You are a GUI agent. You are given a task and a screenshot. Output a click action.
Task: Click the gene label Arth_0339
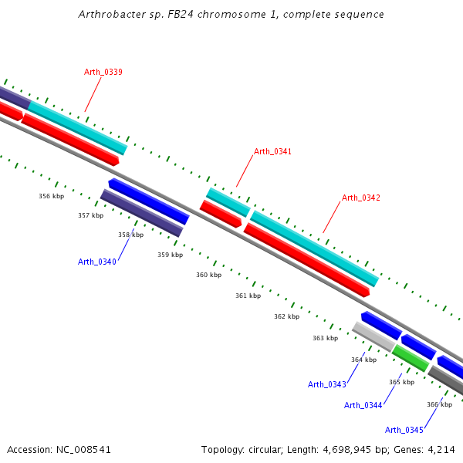pyautogui.click(x=103, y=72)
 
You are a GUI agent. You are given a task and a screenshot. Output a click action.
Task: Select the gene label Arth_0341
pyautogui.click(x=272, y=151)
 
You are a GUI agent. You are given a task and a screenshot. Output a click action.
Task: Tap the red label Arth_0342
pyautogui.click(x=361, y=198)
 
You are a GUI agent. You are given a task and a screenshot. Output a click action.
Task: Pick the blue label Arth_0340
pyautogui.click(x=96, y=262)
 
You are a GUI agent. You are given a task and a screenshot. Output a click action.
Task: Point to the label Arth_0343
pyautogui.click(x=326, y=384)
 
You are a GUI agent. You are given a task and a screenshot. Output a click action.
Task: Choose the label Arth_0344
pyautogui.click(x=363, y=405)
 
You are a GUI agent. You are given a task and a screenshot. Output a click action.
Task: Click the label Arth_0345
pyautogui.click(x=404, y=430)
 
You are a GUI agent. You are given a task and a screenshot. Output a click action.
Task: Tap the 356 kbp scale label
pyautogui.click(x=51, y=196)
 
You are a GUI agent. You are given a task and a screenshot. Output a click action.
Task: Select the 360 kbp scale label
pyautogui.click(x=208, y=275)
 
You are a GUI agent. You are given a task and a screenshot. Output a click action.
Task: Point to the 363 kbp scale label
pyautogui.click(x=325, y=338)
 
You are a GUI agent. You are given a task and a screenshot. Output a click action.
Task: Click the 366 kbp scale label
pyautogui.click(x=439, y=404)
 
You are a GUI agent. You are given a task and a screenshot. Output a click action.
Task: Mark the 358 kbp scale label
pyautogui.click(x=130, y=235)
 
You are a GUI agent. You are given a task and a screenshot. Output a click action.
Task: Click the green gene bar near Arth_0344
pyautogui.click(x=410, y=358)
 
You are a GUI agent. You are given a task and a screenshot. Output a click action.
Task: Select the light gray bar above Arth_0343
pyautogui.click(x=373, y=336)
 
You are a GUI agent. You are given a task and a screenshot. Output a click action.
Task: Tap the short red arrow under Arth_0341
pyautogui.click(x=221, y=214)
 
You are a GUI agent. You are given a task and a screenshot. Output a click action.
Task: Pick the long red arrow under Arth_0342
pyautogui.click(x=306, y=261)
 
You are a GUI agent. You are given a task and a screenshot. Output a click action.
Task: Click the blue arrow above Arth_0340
pyautogui.click(x=149, y=201)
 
